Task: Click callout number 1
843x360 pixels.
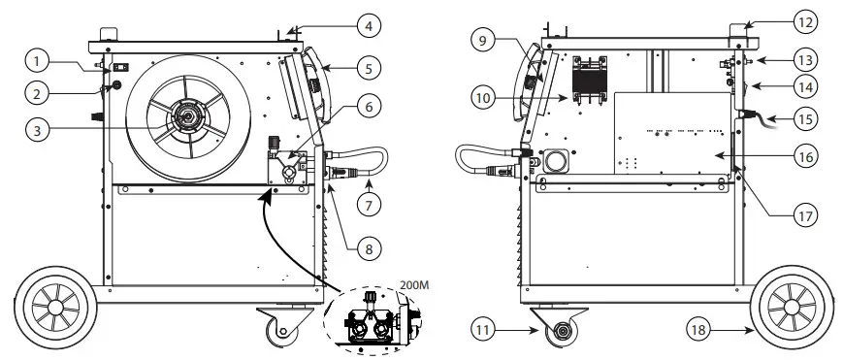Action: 37,61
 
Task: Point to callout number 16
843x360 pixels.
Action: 802,155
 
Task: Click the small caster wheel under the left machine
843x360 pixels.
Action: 281,330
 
